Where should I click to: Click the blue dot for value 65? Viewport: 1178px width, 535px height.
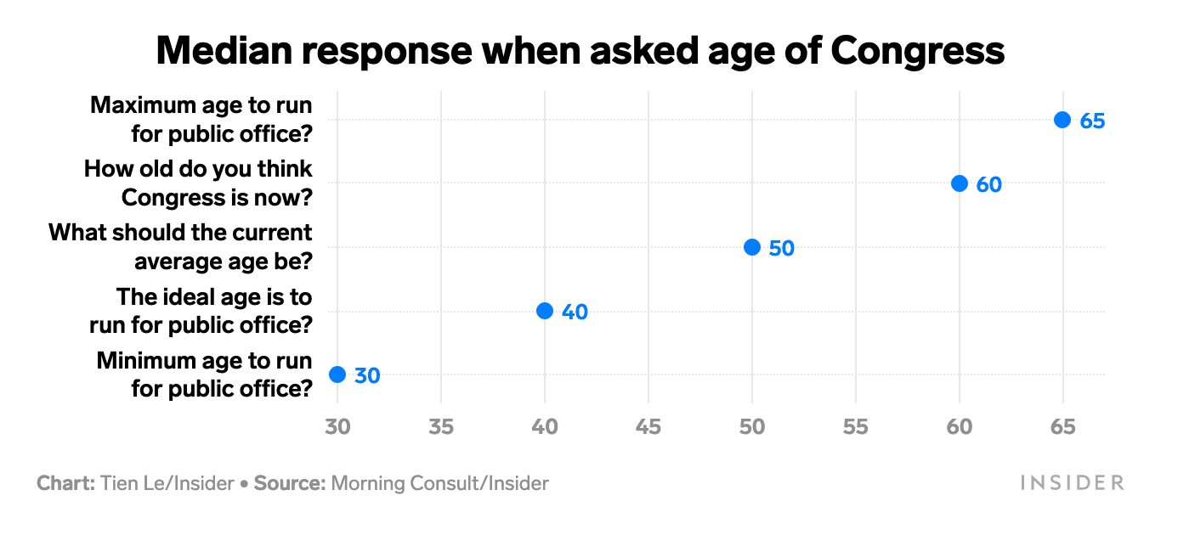click(1062, 120)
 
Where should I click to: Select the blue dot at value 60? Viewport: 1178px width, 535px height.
click(959, 183)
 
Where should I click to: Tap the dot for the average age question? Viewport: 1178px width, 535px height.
click(751, 247)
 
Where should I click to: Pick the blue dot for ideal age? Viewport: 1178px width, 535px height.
click(545, 311)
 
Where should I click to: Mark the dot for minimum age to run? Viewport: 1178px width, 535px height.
click(337, 374)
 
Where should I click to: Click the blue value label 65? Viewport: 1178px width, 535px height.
click(1092, 121)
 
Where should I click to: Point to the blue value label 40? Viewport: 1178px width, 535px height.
click(575, 313)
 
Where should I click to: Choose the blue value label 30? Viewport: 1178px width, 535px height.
click(367, 375)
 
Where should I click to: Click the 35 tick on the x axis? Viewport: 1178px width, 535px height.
click(440, 426)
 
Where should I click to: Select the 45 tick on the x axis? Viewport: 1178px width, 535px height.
click(648, 426)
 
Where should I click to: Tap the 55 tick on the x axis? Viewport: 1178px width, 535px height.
click(855, 426)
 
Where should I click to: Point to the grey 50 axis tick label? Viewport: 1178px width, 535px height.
click(751, 426)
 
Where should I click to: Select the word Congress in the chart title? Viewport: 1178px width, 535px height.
click(917, 51)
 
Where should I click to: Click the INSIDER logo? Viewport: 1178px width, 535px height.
click(1072, 483)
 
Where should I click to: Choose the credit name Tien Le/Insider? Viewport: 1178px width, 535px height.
click(167, 484)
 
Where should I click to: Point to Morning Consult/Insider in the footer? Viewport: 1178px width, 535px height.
click(439, 484)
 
